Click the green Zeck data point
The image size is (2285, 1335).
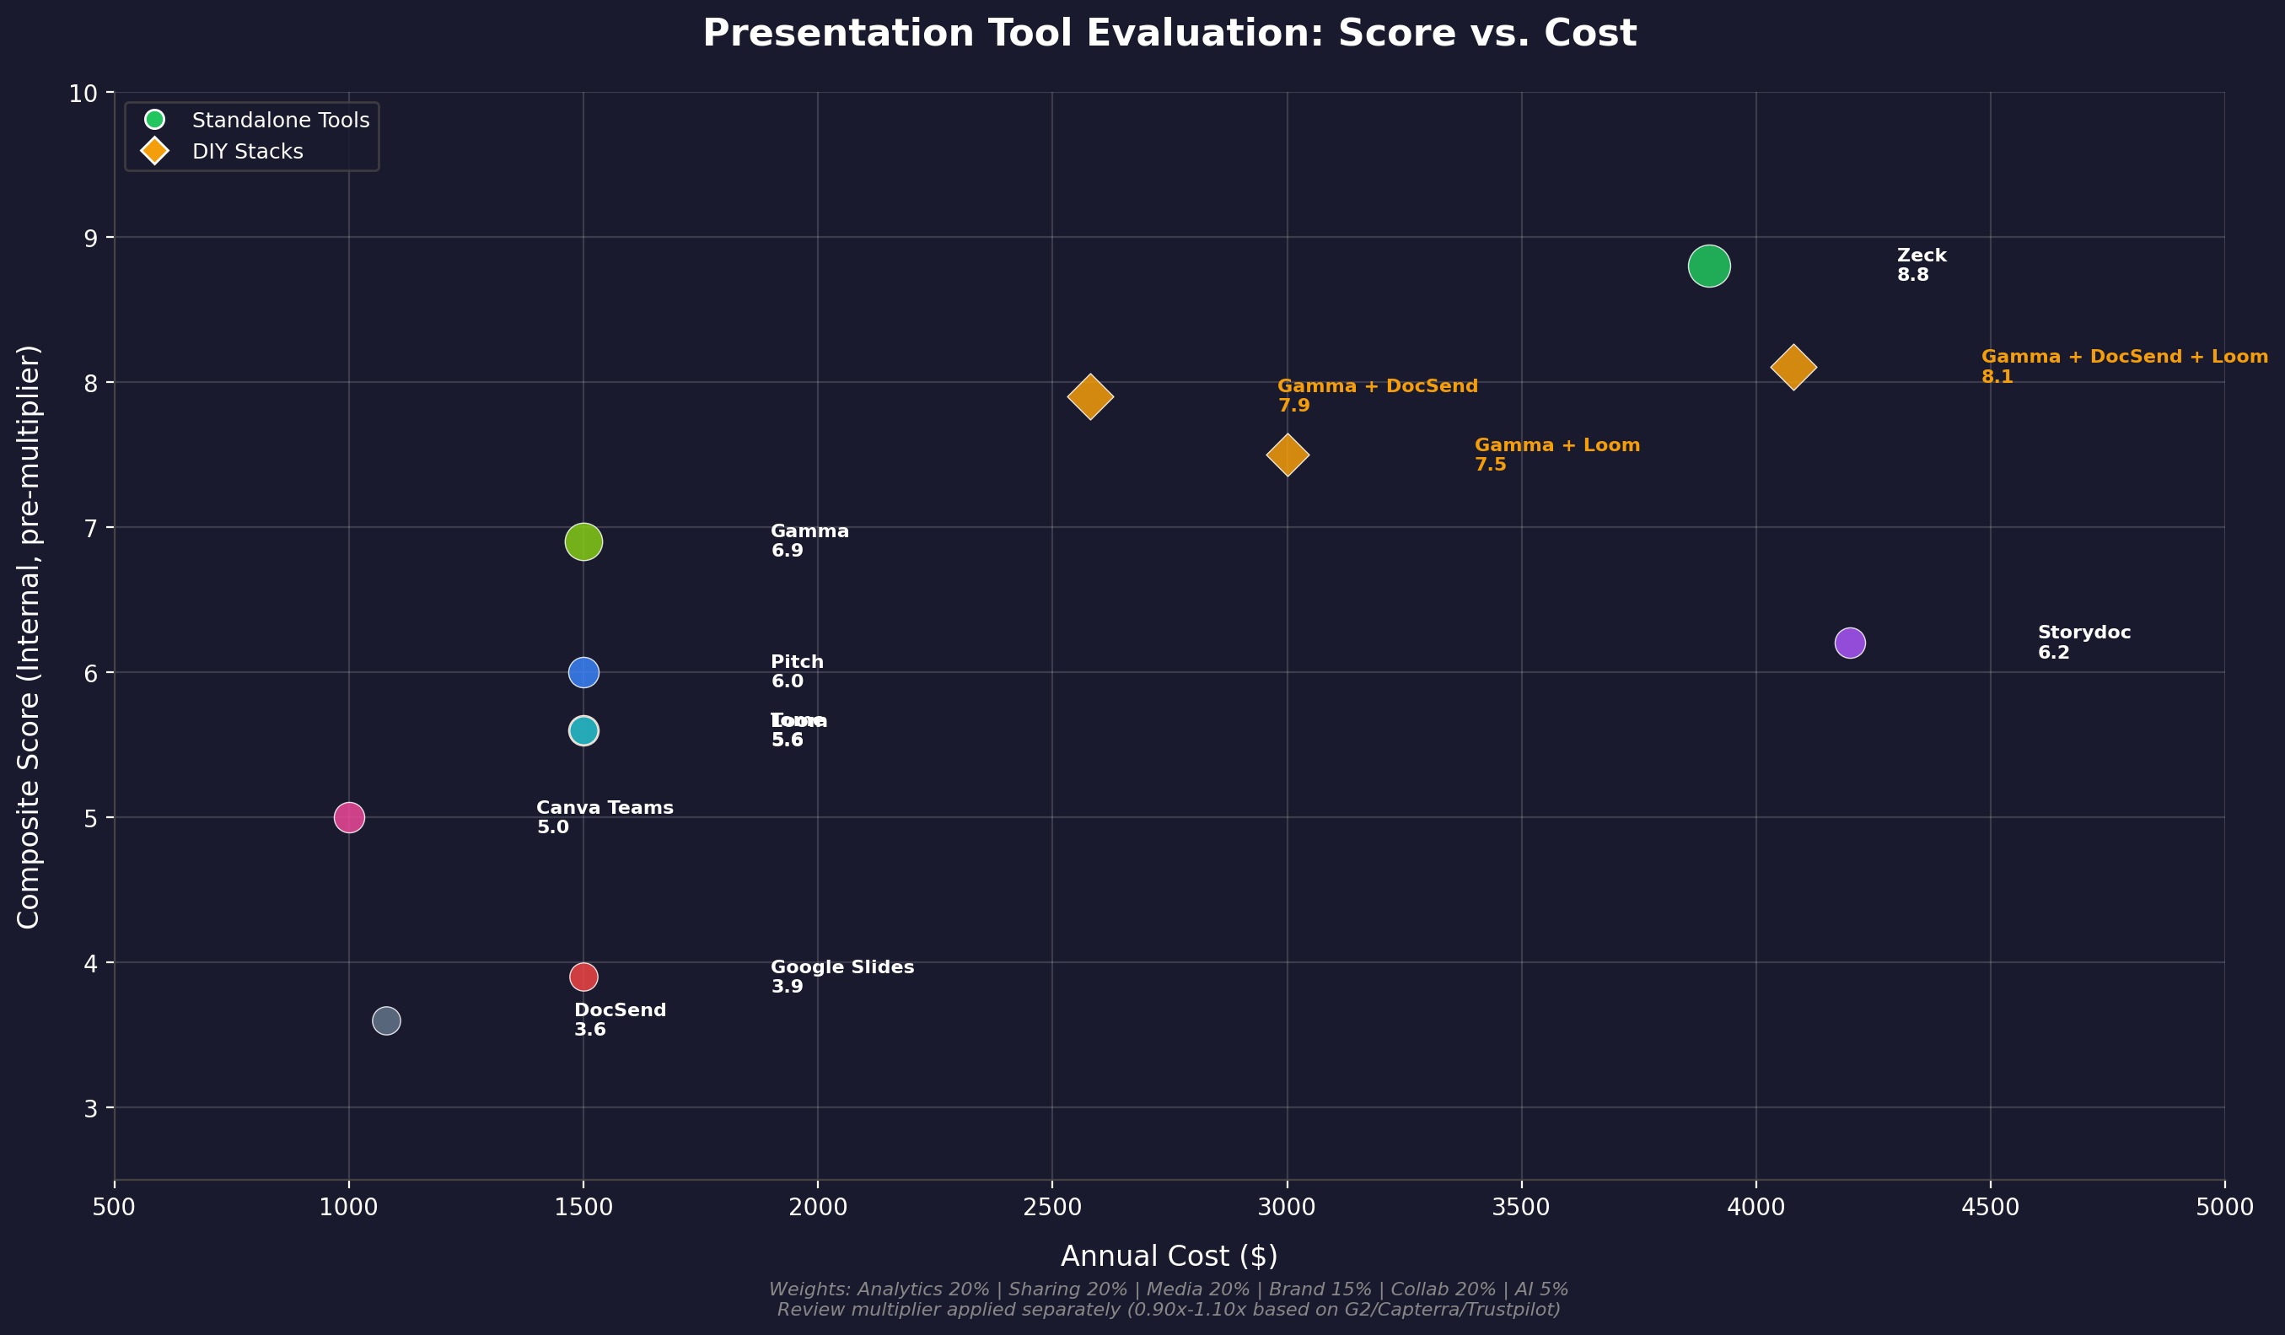point(1709,266)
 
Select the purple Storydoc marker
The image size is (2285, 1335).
point(1850,643)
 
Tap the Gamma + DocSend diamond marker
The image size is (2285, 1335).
point(1090,396)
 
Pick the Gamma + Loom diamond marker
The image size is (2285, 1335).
point(1287,455)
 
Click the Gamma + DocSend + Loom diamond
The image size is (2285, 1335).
point(1793,368)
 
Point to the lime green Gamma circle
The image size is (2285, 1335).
point(583,542)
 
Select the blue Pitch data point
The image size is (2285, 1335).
point(583,672)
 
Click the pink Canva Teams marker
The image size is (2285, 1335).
point(349,817)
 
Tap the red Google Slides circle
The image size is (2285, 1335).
point(583,977)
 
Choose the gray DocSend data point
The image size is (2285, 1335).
point(386,1020)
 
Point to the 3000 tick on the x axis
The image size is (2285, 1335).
point(1287,1207)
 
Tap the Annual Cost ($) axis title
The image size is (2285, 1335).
point(1169,1256)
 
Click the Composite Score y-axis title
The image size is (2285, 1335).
point(29,636)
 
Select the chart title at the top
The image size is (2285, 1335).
point(1169,34)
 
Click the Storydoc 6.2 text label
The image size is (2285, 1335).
point(2083,642)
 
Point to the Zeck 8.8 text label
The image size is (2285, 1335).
point(1922,265)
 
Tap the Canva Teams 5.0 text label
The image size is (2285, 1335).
point(605,817)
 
